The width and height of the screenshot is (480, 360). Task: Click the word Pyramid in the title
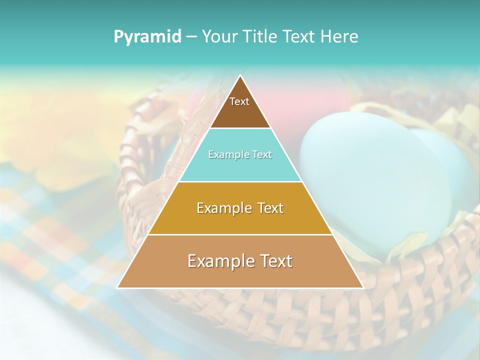147,37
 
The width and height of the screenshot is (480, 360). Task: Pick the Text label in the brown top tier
239,101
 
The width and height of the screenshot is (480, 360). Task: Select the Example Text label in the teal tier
240,155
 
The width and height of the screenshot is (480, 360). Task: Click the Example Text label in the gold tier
240,208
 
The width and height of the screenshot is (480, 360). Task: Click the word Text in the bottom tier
274,261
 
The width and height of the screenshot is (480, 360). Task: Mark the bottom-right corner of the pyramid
363,287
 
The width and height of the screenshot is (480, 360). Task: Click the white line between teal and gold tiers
240,181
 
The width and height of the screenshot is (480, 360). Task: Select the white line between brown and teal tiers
240,128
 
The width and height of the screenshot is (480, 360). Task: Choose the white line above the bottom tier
240,234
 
